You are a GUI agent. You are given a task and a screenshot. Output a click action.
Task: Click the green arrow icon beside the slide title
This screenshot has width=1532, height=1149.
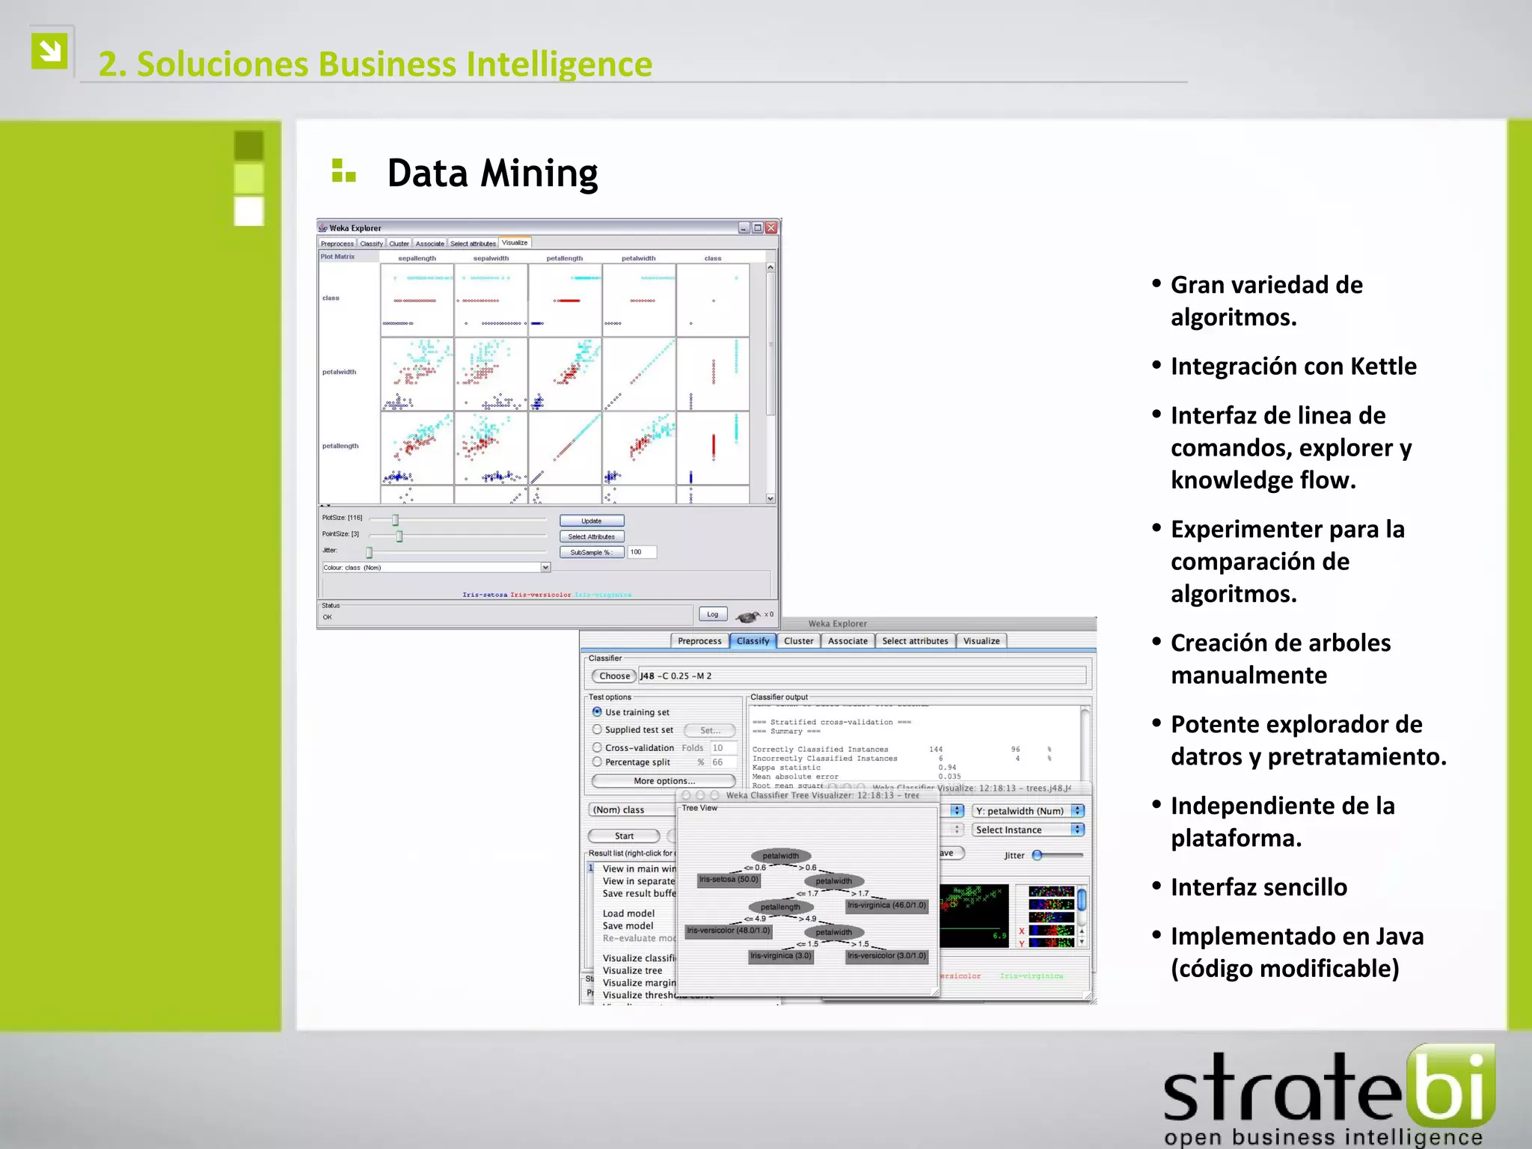[49, 52]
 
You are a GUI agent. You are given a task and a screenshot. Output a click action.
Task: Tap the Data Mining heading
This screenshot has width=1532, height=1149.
[492, 174]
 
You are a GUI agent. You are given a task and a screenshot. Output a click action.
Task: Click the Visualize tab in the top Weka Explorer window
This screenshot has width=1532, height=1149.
[515, 243]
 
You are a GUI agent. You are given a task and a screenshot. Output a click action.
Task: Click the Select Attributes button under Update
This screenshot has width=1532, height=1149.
[591, 536]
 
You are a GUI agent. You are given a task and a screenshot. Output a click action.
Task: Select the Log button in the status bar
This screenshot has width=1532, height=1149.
[712, 614]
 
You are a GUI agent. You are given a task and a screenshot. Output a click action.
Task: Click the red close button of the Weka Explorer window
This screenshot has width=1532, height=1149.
[771, 228]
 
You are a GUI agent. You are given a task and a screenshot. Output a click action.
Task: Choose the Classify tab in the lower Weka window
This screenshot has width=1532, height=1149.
[753, 641]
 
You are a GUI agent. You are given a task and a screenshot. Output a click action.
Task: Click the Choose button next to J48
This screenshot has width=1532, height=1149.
[614, 676]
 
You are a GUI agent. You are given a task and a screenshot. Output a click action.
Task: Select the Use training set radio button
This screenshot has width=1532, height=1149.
[597, 712]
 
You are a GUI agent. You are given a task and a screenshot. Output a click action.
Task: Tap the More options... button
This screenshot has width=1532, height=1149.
[664, 781]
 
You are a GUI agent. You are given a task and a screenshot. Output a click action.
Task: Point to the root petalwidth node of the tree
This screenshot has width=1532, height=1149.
[781, 856]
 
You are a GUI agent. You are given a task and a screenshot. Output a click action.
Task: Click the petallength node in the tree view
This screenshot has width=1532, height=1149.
[780, 907]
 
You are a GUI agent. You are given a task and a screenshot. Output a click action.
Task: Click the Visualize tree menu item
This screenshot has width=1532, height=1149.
[633, 971]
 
